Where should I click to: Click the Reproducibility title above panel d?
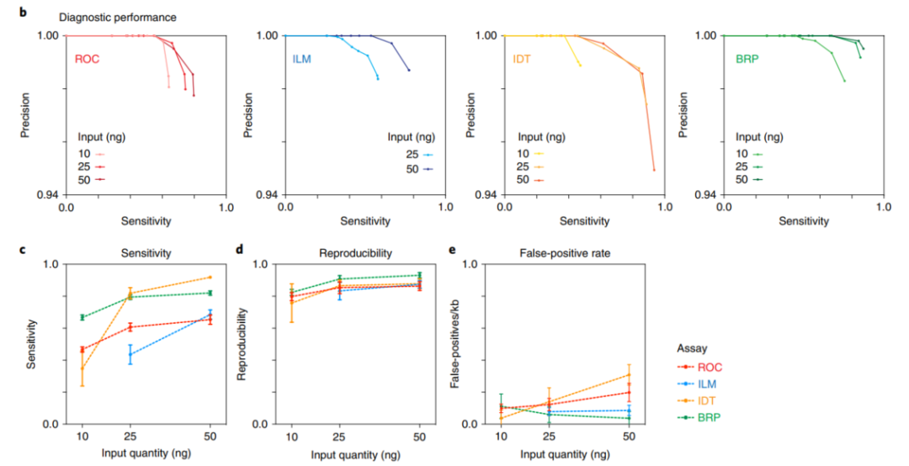[353, 252]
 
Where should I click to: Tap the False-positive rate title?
[555, 252]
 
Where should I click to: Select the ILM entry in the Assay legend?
[710, 383]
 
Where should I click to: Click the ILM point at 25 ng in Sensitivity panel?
[130, 354]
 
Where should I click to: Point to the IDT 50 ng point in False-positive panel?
[629, 374]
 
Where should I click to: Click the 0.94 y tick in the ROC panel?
[46, 194]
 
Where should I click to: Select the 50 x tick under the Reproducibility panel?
[419, 439]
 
